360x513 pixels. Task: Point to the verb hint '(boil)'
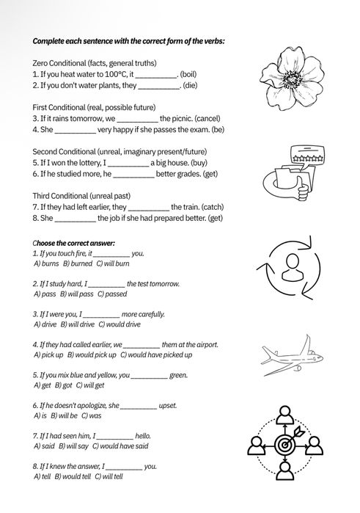pos(191,74)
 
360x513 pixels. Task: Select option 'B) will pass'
pos(78,293)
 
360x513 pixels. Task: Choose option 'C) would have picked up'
pos(156,354)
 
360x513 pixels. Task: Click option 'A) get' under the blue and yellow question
pos(41,385)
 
